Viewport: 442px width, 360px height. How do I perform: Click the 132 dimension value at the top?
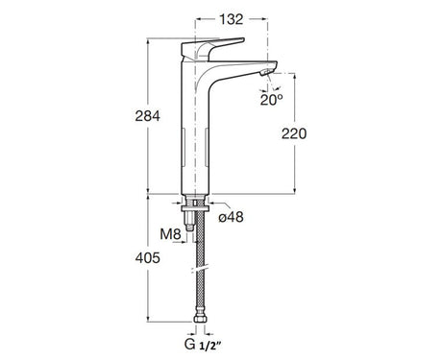click(232, 19)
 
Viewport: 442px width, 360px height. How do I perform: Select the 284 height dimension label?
click(147, 116)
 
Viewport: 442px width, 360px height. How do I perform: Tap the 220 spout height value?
click(294, 133)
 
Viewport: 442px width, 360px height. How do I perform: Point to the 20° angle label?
click(272, 100)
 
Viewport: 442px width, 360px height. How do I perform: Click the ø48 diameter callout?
click(231, 217)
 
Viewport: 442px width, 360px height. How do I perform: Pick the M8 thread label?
click(171, 234)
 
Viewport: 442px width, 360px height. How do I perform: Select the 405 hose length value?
click(147, 257)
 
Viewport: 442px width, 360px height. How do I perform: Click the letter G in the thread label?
click(189, 345)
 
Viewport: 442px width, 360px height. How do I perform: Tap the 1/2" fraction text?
click(210, 346)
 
